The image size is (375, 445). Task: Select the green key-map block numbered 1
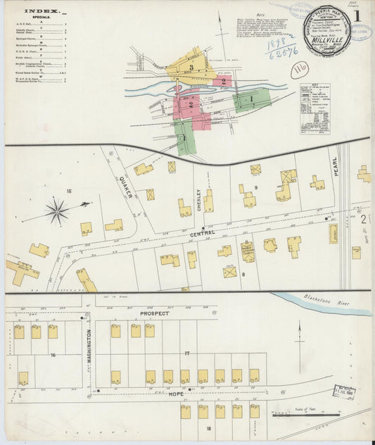pyautogui.click(x=252, y=100)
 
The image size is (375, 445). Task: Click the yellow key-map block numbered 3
pyautogui.click(x=191, y=66)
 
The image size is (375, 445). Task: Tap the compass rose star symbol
pyautogui.click(x=58, y=211)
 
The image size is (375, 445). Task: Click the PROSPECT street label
pyautogui.click(x=155, y=313)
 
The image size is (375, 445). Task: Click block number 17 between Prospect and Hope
pyautogui.click(x=186, y=352)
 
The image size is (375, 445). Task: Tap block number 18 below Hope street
pyautogui.click(x=208, y=427)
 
